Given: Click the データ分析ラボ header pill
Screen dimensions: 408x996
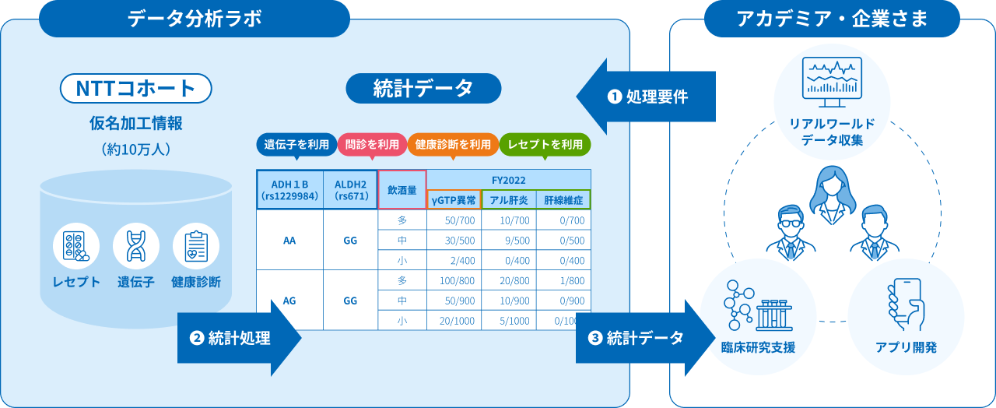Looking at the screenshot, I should tap(195, 19).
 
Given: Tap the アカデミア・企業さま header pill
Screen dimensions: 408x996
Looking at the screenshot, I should tap(832, 19).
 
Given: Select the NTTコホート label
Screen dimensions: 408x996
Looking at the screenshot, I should tap(135, 88).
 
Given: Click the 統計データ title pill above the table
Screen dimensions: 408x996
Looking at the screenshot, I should tap(423, 88).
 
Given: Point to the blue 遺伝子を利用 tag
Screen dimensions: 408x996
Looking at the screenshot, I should tap(296, 144).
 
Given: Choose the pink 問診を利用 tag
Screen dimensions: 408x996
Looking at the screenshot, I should tap(372, 144).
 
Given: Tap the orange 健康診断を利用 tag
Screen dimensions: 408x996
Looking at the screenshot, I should tap(453, 144).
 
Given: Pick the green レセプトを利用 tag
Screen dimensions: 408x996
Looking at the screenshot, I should tap(545, 144).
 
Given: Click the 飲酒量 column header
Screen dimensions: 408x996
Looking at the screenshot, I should tap(402, 189).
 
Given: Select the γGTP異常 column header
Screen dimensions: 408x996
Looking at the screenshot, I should tap(454, 199).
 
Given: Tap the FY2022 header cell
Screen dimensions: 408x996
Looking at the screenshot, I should tap(508, 180).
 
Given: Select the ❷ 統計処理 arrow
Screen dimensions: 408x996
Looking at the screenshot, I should tap(238, 338).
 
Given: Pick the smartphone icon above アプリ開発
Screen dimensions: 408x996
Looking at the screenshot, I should tap(905, 304).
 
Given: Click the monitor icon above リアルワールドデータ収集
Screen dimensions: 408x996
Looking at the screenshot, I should tap(832, 83).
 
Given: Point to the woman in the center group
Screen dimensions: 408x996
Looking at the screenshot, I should tap(831, 195).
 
